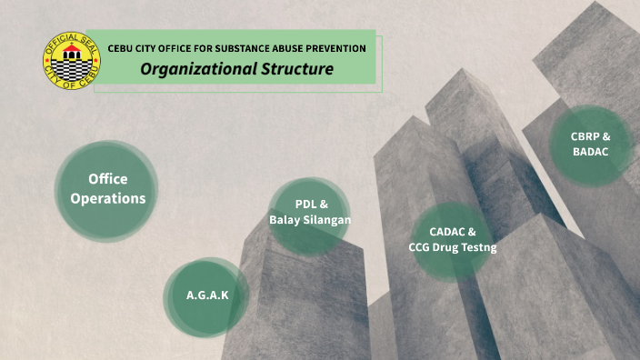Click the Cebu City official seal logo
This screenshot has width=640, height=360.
(x=72, y=61)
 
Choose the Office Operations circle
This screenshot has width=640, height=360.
(x=106, y=191)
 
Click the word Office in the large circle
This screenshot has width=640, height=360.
(x=107, y=180)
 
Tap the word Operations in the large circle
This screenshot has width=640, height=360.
(x=107, y=198)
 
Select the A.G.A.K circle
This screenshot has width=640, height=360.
(x=207, y=296)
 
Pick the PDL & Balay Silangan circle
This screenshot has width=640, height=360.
(x=310, y=215)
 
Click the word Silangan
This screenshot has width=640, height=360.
(x=329, y=220)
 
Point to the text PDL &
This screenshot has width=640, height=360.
(x=311, y=204)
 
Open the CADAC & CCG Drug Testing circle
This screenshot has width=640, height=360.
(x=452, y=239)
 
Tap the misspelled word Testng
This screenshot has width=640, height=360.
(x=479, y=247)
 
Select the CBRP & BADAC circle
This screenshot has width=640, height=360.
(x=591, y=145)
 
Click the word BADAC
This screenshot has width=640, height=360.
(x=591, y=152)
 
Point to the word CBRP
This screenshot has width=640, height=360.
(x=585, y=136)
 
